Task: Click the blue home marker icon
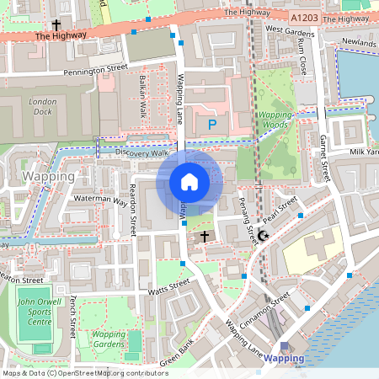pyautogui.click(x=189, y=181)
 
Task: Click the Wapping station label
pyautogui.click(x=284, y=358)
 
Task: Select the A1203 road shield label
pyautogui.click(x=304, y=17)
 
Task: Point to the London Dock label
pyautogui.click(x=42, y=105)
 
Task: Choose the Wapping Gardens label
pyautogui.click(x=108, y=339)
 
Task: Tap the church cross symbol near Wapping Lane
pyautogui.click(x=204, y=238)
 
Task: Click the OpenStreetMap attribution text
pyautogui.click(x=85, y=372)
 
